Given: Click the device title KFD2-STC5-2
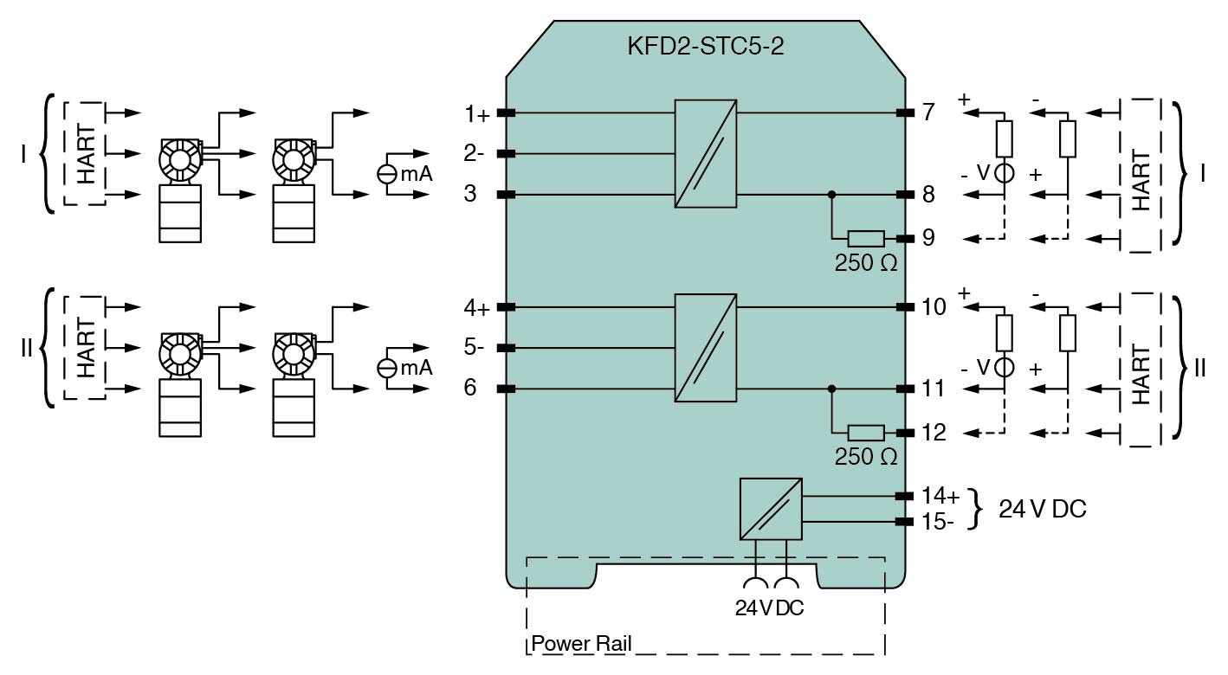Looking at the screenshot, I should click(x=705, y=47).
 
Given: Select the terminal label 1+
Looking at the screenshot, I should click(x=477, y=114).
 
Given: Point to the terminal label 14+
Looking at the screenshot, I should click(x=940, y=497).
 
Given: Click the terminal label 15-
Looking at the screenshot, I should click(x=938, y=522).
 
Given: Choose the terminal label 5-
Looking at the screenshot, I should click(x=474, y=349).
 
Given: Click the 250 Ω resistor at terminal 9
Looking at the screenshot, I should click(x=865, y=239).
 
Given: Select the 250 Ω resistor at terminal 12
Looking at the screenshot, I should click(x=865, y=434).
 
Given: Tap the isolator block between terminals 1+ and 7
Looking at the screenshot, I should click(x=706, y=153).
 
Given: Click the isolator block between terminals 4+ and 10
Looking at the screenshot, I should click(x=706, y=348).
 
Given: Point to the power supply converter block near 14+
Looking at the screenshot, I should click(x=771, y=509).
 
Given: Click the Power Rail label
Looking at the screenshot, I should click(x=581, y=644).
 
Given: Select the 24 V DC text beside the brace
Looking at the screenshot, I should click(x=1042, y=509).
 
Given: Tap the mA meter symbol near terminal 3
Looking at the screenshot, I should click(x=387, y=174).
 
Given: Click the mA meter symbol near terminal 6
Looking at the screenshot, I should click(x=387, y=369).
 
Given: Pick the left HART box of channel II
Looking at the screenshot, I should click(x=86, y=348).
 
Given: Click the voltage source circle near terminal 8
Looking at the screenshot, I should click(x=1004, y=173).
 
